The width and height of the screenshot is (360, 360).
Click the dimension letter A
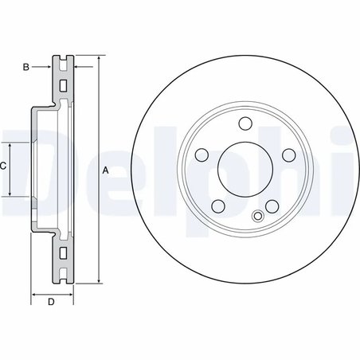click(x=105, y=170)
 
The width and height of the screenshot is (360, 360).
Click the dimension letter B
click(x=25, y=68)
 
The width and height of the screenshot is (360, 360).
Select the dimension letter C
click(x=4, y=166)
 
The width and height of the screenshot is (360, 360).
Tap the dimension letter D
click(x=50, y=302)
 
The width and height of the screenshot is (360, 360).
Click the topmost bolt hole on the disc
click(x=245, y=123)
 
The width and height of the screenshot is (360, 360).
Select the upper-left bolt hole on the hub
click(x=202, y=155)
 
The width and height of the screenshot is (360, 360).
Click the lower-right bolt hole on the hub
click(x=272, y=207)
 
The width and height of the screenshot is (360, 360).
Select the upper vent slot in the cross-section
click(x=62, y=85)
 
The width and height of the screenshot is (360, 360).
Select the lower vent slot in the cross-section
click(x=62, y=254)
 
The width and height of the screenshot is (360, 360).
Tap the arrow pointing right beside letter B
click(x=49, y=68)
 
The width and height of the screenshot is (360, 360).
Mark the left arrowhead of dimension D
click(x=34, y=295)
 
